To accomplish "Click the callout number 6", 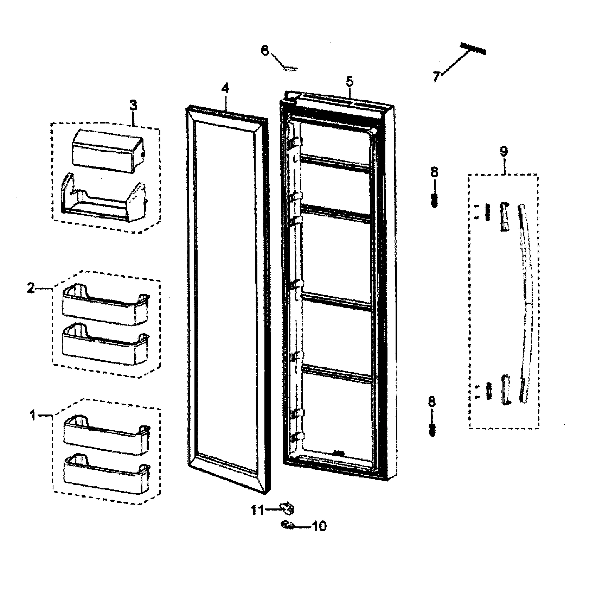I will [265, 51].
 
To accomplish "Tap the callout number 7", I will [436, 76].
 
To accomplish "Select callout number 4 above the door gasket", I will [225, 88].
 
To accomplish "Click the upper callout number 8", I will [434, 172].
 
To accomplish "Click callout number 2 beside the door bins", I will [31, 288].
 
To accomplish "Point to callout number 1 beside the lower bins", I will [32, 416].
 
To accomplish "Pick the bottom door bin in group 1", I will [105, 473].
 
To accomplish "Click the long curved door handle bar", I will [526, 303].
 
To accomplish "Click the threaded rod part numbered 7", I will [473, 49].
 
